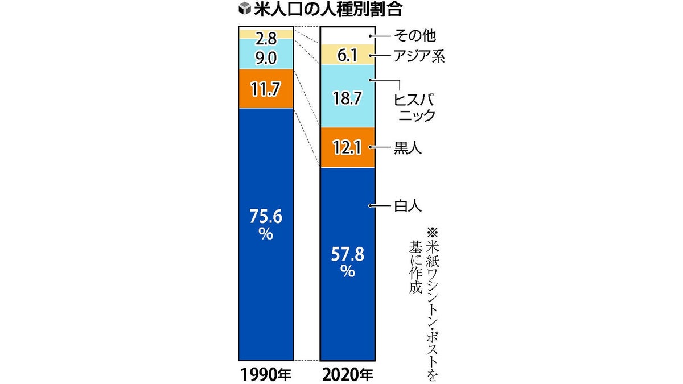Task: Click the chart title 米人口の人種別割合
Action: click(328, 10)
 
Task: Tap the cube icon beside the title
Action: click(245, 9)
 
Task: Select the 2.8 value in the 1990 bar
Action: click(266, 39)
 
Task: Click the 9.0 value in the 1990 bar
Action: click(266, 58)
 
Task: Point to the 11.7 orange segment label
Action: click(265, 89)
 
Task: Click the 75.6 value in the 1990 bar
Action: click(266, 216)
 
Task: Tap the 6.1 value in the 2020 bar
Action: click(347, 56)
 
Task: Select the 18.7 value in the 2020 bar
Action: click(347, 98)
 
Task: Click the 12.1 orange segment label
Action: click(347, 148)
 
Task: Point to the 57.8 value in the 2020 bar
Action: click(348, 254)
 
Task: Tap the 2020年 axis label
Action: click(348, 374)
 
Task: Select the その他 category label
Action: click(415, 36)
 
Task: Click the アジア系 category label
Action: click(419, 56)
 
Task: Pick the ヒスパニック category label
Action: click(415, 108)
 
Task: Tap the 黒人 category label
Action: click(408, 148)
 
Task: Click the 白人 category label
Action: click(408, 206)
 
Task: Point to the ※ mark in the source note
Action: click(432, 233)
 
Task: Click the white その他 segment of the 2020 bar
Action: click(348, 36)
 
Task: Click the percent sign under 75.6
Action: click(266, 234)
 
